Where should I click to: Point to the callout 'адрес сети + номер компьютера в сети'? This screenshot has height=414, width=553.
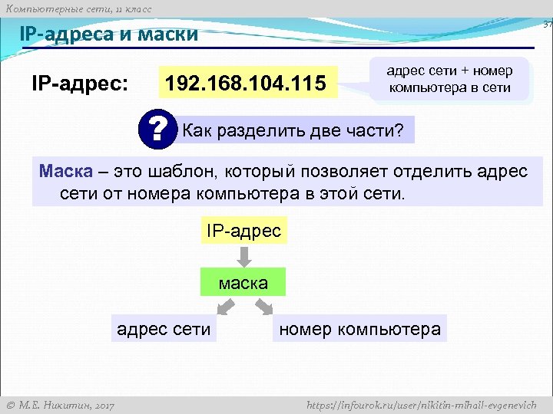449,79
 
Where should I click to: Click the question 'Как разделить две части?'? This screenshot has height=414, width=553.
291,130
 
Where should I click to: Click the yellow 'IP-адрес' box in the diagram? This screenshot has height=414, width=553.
243,229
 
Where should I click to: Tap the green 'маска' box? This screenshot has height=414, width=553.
243,283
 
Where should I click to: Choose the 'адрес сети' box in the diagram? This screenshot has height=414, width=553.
163,329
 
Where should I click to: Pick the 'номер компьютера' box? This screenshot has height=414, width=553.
359,330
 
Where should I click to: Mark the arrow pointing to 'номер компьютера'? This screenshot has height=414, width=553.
263,307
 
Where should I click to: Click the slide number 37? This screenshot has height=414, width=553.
547,25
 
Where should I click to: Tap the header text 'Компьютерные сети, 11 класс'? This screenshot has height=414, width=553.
78,8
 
